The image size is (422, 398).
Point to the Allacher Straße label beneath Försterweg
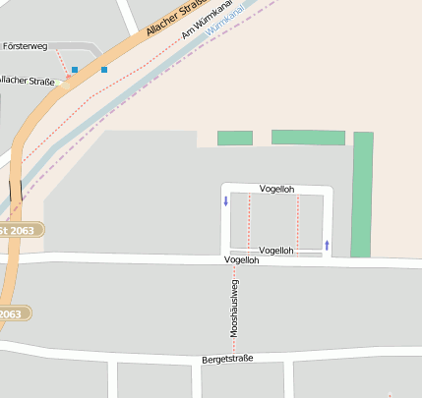pyautogui.click(x=24, y=80)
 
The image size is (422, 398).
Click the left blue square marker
pyautogui.click(x=74, y=70)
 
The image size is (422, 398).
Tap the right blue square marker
pyautogui.click(x=103, y=70)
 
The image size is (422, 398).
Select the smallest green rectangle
pyautogui.click(x=234, y=139)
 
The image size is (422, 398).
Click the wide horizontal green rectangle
pyautogui.click(x=308, y=138)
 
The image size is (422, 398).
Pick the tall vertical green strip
pyautogui.click(x=362, y=194)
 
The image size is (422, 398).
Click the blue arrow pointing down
pyautogui.click(x=225, y=202)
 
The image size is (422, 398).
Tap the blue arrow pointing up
pyautogui.click(x=327, y=243)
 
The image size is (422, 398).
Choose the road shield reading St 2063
pyautogui.click(x=19, y=230)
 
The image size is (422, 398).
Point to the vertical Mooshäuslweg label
pyautogui.click(x=234, y=309)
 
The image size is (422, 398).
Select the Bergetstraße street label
pyautogui.click(x=227, y=359)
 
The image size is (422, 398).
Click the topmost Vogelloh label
pyautogui.click(x=276, y=189)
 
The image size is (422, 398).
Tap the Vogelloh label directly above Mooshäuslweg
pyautogui.click(x=242, y=260)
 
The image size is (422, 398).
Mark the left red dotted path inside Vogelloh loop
pyautogui.click(x=249, y=220)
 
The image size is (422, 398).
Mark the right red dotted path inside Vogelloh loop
pyautogui.click(x=297, y=220)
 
